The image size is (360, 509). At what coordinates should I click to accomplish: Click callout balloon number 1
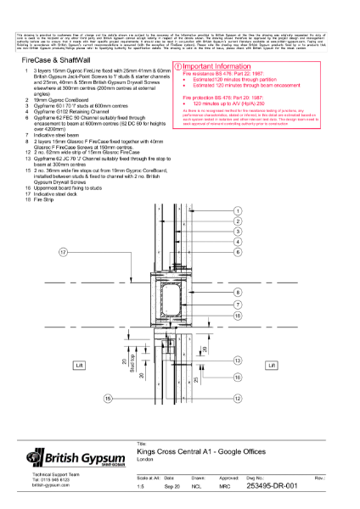pyautogui.click(x=239, y=196)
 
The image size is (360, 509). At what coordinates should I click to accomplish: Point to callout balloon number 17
pyautogui.click(x=63, y=253)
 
